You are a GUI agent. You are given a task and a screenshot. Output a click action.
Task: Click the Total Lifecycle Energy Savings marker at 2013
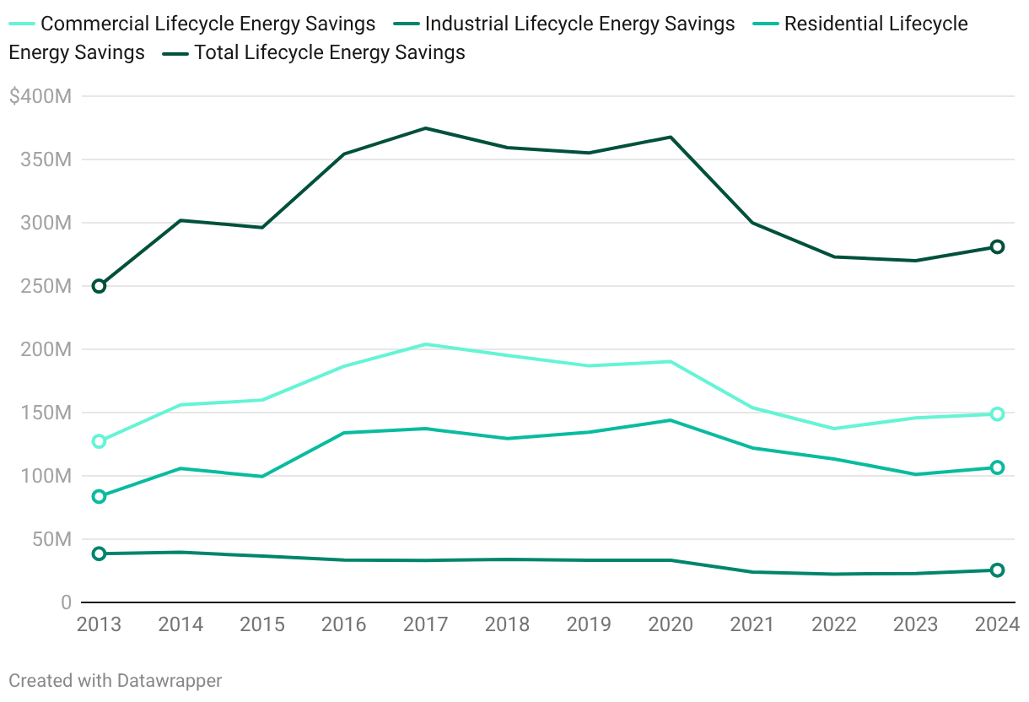[x=99, y=286]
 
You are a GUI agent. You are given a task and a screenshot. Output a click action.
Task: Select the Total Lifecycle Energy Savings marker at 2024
[x=997, y=246]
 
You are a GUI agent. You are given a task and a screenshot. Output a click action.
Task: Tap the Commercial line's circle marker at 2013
[x=99, y=441]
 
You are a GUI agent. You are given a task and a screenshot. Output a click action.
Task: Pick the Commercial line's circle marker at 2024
[x=997, y=414]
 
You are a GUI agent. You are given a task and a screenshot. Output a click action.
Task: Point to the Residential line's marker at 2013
[x=99, y=497]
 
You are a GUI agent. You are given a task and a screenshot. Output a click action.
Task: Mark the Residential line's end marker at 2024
[x=997, y=467]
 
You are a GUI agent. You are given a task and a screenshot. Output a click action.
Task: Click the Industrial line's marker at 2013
[x=99, y=553]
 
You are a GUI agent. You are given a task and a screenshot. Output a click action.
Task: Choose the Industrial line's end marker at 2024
[x=997, y=570]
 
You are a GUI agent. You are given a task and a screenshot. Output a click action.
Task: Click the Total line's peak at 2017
[x=426, y=128]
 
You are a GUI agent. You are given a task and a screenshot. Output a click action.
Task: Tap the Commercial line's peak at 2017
[x=426, y=344]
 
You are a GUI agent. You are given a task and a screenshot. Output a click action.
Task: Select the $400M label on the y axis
[x=40, y=97]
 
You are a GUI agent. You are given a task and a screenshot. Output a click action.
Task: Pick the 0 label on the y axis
[x=66, y=602]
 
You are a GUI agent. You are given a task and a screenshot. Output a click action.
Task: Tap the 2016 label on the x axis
[x=344, y=625]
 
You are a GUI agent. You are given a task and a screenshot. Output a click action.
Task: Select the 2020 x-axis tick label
[x=671, y=625]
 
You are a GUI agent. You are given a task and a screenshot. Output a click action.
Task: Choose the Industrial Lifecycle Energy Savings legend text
[x=580, y=24]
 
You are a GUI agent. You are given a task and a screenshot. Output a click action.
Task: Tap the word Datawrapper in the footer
[x=170, y=680]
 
